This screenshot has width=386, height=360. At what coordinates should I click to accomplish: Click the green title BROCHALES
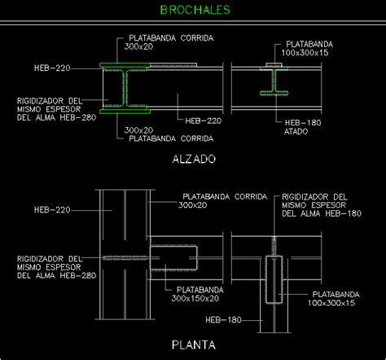[x=195, y=11]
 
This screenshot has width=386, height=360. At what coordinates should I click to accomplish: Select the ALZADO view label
[x=193, y=160]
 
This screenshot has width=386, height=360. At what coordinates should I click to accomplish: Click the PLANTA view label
[x=193, y=345]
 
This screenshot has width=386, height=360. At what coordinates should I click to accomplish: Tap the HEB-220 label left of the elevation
[x=53, y=67]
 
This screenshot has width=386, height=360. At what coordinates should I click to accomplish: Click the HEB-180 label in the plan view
[x=225, y=319]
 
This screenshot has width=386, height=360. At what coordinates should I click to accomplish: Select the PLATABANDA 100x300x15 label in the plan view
[x=333, y=298]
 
